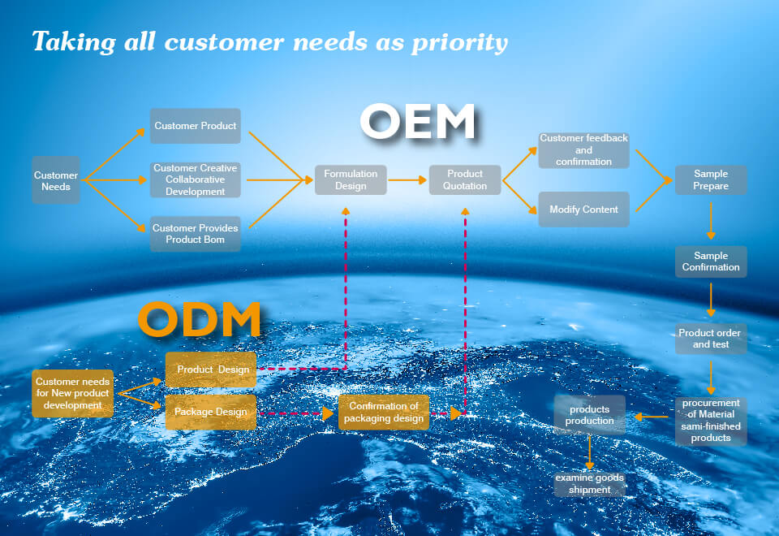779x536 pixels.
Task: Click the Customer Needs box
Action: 56,180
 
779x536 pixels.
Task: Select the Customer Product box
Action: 196,126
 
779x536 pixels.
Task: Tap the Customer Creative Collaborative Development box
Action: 196,179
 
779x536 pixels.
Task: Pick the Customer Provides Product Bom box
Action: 196,234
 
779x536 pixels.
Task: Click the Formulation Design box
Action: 351,179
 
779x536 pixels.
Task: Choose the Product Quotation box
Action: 465,179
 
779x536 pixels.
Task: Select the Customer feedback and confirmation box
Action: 583,150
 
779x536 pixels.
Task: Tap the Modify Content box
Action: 583,210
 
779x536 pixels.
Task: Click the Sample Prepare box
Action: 711,179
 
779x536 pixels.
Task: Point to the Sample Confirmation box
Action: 711,262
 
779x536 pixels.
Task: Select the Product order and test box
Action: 711,339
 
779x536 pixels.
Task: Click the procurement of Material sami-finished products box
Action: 711,420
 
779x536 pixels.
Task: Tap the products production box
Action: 590,415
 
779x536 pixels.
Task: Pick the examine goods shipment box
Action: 590,484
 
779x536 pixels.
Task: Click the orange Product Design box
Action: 211,370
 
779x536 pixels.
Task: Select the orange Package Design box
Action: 211,412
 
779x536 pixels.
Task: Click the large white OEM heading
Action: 418,123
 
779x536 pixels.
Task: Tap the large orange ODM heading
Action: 200,319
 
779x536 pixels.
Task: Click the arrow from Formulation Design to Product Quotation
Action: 407,179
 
